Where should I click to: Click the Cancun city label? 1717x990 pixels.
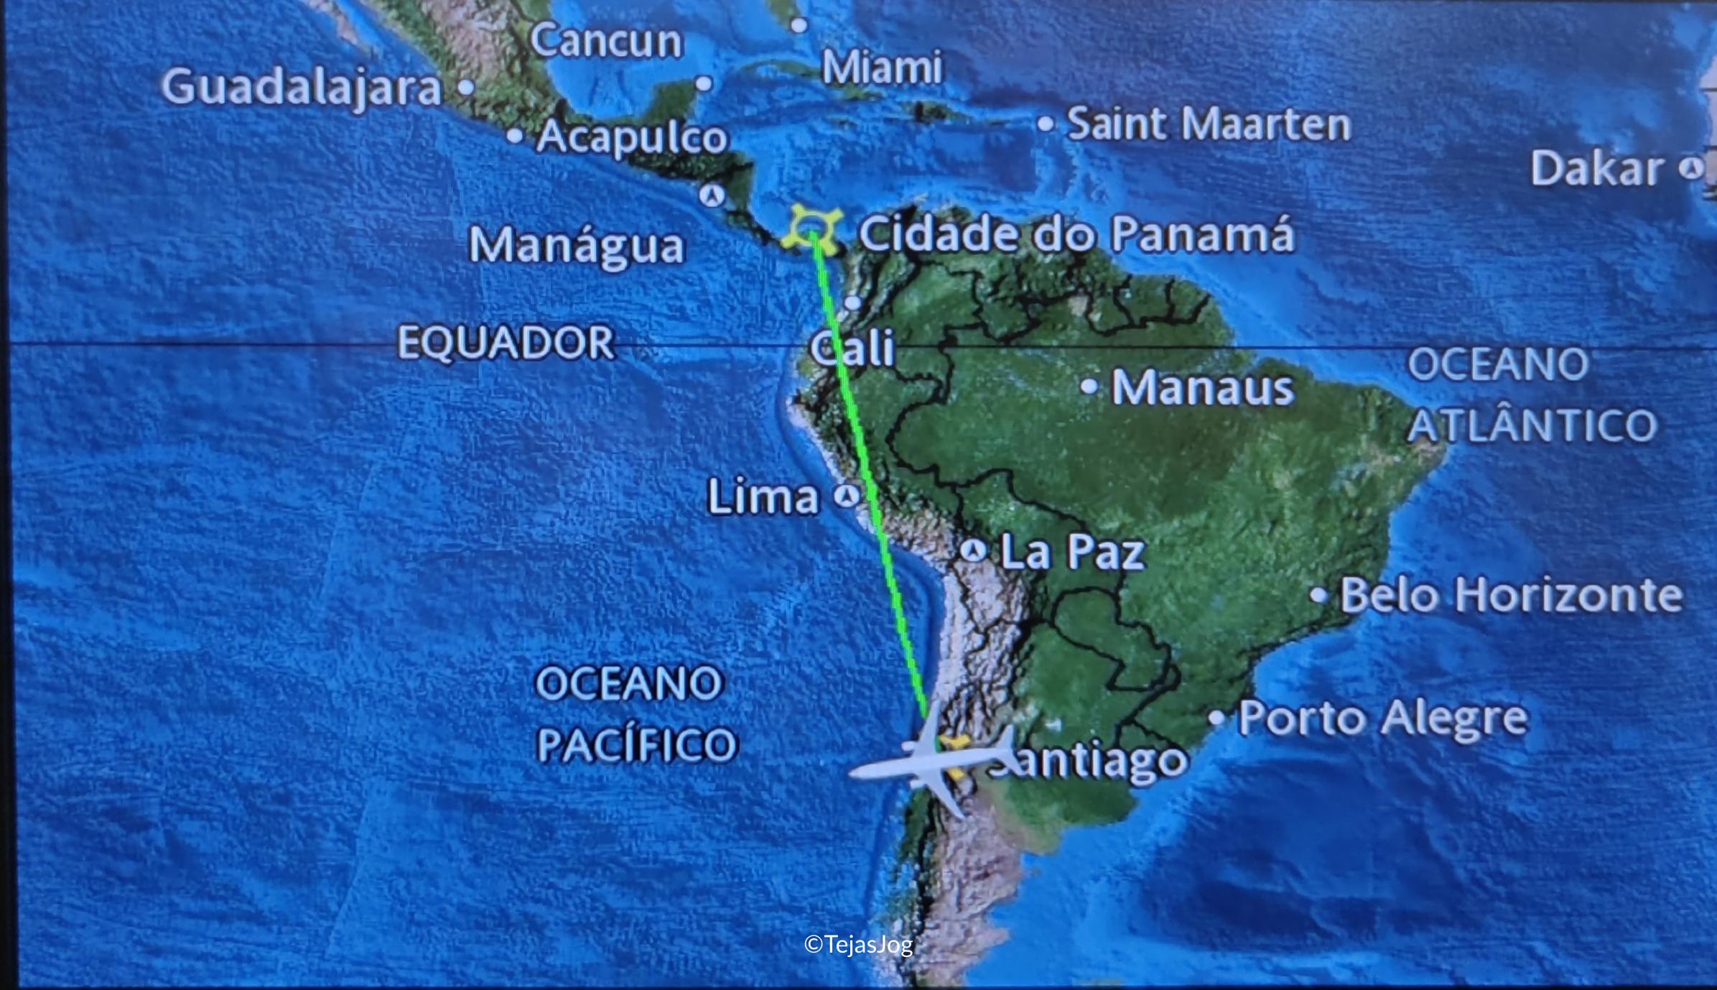pyautogui.click(x=606, y=41)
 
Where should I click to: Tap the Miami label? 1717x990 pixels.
pyautogui.click(x=881, y=68)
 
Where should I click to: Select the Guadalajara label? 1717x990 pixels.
pyautogui.click(x=301, y=88)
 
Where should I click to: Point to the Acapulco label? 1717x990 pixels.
pyautogui.click(x=632, y=137)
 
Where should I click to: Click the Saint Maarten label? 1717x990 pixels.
pyautogui.click(x=1209, y=124)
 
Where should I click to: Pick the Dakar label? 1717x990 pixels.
pyautogui.click(x=1596, y=169)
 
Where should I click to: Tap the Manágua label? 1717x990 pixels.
pyautogui.click(x=577, y=246)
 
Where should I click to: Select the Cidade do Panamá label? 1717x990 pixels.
pyautogui.click(x=1076, y=234)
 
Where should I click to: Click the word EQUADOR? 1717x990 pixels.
pyautogui.click(x=506, y=342)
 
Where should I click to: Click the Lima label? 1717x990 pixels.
pyautogui.click(x=763, y=496)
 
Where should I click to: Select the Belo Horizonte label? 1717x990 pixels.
pyautogui.click(x=1511, y=596)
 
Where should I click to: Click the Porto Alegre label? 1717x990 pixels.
pyautogui.click(x=1382, y=718)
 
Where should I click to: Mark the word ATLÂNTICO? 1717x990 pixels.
pyautogui.click(x=1532, y=425)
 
